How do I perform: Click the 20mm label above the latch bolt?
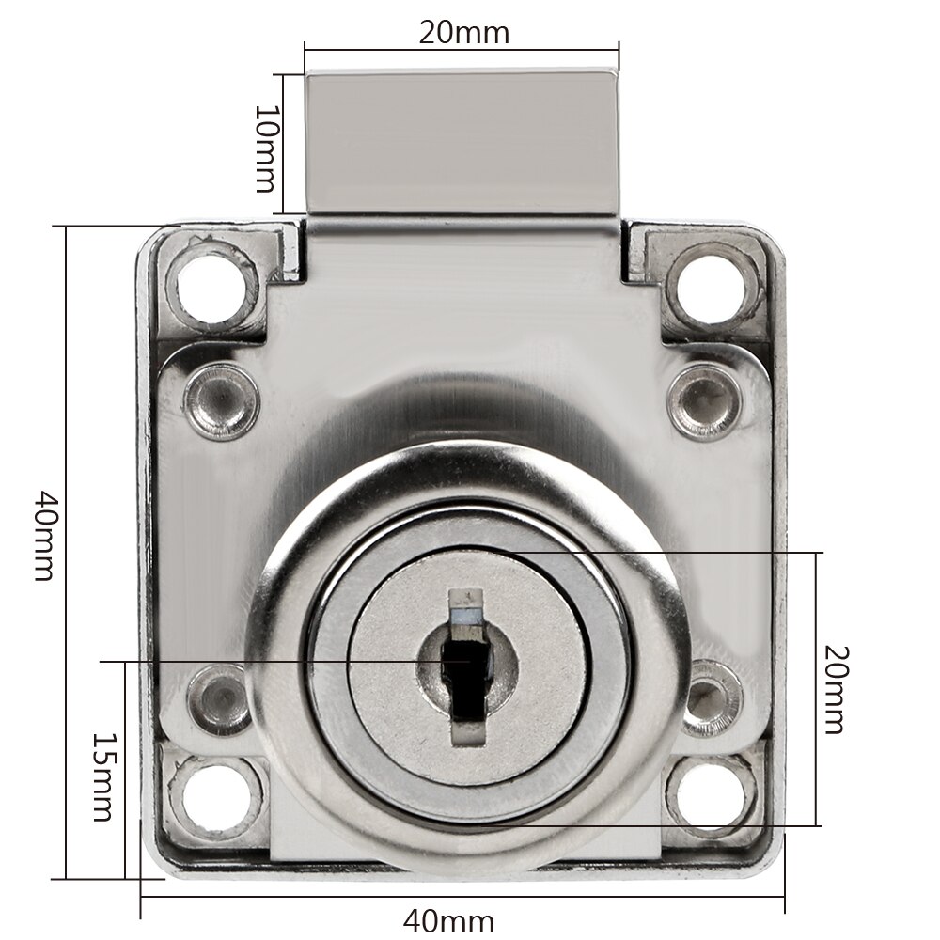point(463,32)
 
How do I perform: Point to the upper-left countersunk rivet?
point(222,401)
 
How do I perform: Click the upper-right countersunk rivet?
point(705,401)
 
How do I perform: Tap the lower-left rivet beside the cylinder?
point(219,699)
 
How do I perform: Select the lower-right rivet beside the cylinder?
point(707,699)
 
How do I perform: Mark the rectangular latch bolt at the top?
point(461,141)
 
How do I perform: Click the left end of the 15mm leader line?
point(102,661)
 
